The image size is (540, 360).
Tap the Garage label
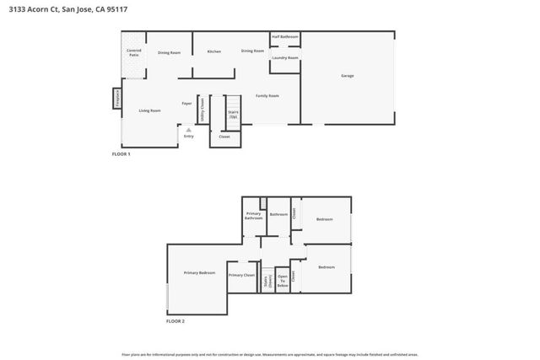click(347, 76)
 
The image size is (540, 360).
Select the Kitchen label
click(214, 51)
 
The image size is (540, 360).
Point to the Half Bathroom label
click(285, 37)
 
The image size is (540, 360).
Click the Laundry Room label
click(285, 58)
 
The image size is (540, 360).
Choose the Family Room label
click(267, 96)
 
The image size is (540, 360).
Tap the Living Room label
click(150, 110)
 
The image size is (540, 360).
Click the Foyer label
click(186, 104)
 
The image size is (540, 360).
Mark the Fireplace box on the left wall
click(118, 99)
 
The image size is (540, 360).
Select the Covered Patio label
click(134, 52)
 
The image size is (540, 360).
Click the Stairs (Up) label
click(233, 115)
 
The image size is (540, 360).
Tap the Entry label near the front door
click(188, 136)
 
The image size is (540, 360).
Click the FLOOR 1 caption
click(121, 155)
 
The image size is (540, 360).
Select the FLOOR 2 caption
click(175, 321)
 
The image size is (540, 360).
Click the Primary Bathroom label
click(254, 217)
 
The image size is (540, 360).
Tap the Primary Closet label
click(241, 275)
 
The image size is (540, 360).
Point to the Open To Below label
click(283, 281)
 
